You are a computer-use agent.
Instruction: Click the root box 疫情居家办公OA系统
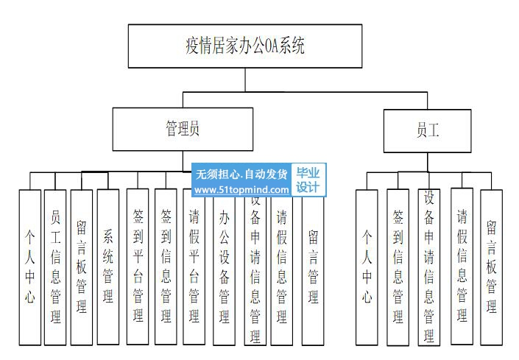[244, 46]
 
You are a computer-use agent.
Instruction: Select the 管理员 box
[182, 129]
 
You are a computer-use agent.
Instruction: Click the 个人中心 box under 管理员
[29, 267]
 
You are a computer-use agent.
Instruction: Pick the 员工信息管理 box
[55, 267]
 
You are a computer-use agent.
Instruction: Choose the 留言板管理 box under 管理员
[81, 267]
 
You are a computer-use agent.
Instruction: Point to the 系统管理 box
[107, 267]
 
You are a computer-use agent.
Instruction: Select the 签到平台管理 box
[138, 267]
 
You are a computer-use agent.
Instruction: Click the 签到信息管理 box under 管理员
[166, 267]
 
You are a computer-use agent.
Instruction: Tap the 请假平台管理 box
[194, 267]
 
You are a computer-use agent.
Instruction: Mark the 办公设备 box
[225, 267]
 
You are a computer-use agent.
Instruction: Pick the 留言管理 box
[312, 267]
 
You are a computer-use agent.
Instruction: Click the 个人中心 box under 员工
[367, 267]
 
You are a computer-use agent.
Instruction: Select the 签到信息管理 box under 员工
[398, 267]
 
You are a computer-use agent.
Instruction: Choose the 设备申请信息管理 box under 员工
[428, 267]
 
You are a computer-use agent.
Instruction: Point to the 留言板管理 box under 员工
[491, 267]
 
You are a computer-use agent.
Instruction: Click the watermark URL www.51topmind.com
[241, 190]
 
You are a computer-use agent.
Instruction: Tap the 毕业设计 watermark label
[308, 181]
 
